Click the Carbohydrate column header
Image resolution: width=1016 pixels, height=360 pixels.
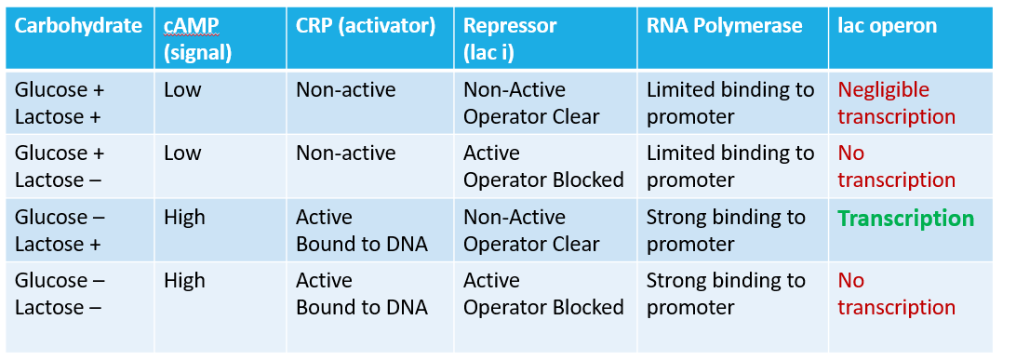click(x=78, y=26)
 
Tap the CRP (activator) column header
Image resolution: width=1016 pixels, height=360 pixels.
click(x=366, y=26)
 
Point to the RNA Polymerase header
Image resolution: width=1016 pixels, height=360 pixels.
click(x=724, y=26)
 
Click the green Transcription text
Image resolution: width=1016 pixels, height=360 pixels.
click(x=905, y=219)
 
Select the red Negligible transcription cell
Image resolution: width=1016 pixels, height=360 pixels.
click(x=896, y=103)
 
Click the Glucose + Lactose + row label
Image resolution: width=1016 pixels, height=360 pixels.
click(x=60, y=103)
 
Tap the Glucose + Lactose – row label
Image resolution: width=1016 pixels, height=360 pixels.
click(x=60, y=167)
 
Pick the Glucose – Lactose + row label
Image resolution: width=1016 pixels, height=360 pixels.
click(x=60, y=231)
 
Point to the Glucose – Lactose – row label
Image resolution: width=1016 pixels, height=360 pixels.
click(x=60, y=294)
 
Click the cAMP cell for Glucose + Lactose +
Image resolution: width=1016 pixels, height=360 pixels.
click(x=182, y=90)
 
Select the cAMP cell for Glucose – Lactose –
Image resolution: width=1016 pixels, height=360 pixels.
click(x=184, y=281)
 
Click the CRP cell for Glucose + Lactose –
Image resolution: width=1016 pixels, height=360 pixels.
click(x=345, y=153)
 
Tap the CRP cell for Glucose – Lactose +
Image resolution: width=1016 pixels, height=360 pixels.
click(x=361, y=231)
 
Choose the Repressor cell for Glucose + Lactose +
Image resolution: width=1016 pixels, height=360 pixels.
click(x=532, y=103)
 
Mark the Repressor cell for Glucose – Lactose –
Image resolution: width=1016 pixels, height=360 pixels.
click(x=543, y=294)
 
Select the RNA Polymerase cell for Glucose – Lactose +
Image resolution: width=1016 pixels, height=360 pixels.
click(x=726, y=231)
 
